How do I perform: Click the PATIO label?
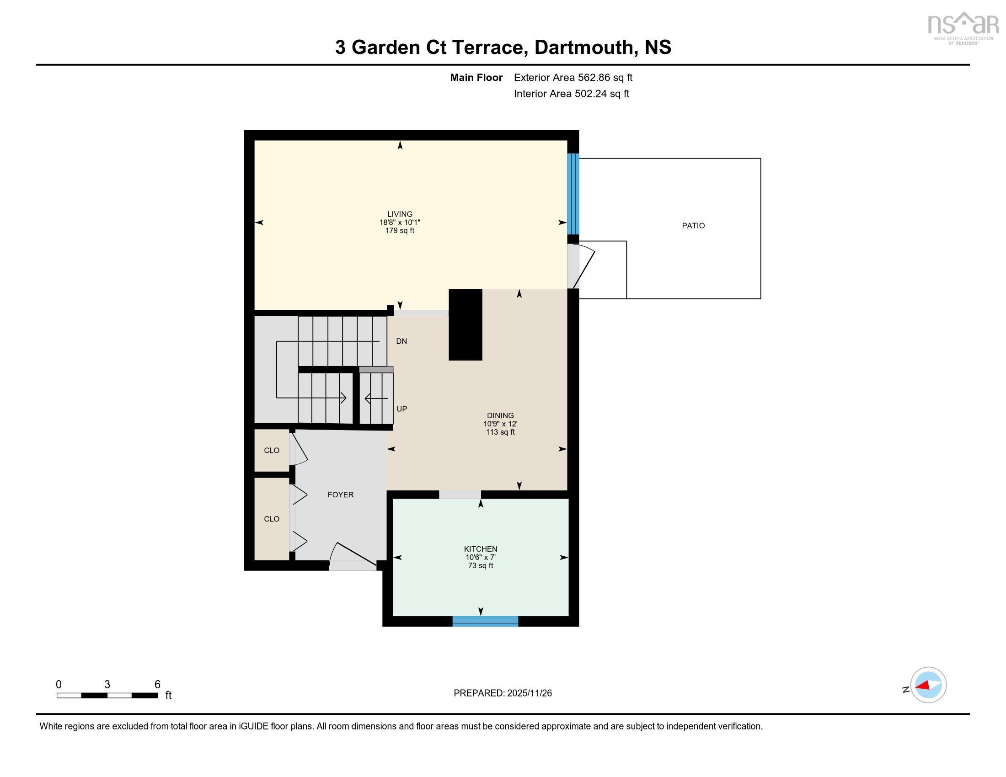(693, 225)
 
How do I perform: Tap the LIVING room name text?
(399, 214)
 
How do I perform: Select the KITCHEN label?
(480, 548)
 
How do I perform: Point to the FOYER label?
(340, 495)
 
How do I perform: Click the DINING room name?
(500, 415)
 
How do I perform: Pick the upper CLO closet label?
(271, 450)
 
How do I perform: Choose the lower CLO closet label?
(271, 519)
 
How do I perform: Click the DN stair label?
(401, 341)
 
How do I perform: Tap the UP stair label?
(401, 409)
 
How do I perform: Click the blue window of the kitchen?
(485, 622)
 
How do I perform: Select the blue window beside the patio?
(573, 194)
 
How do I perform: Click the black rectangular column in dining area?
(465, 325)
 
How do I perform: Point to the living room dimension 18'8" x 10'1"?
(399, 222)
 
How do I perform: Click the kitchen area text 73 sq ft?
(480, 565)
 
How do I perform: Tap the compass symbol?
(928, 685)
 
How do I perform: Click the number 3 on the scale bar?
(107, 684)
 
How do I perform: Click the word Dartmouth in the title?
(583, 48)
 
